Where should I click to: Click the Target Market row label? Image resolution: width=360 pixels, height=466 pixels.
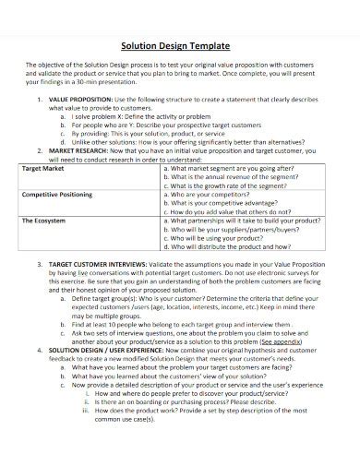point(44,170)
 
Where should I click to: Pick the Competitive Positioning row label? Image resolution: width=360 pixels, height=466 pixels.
point(57,196)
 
